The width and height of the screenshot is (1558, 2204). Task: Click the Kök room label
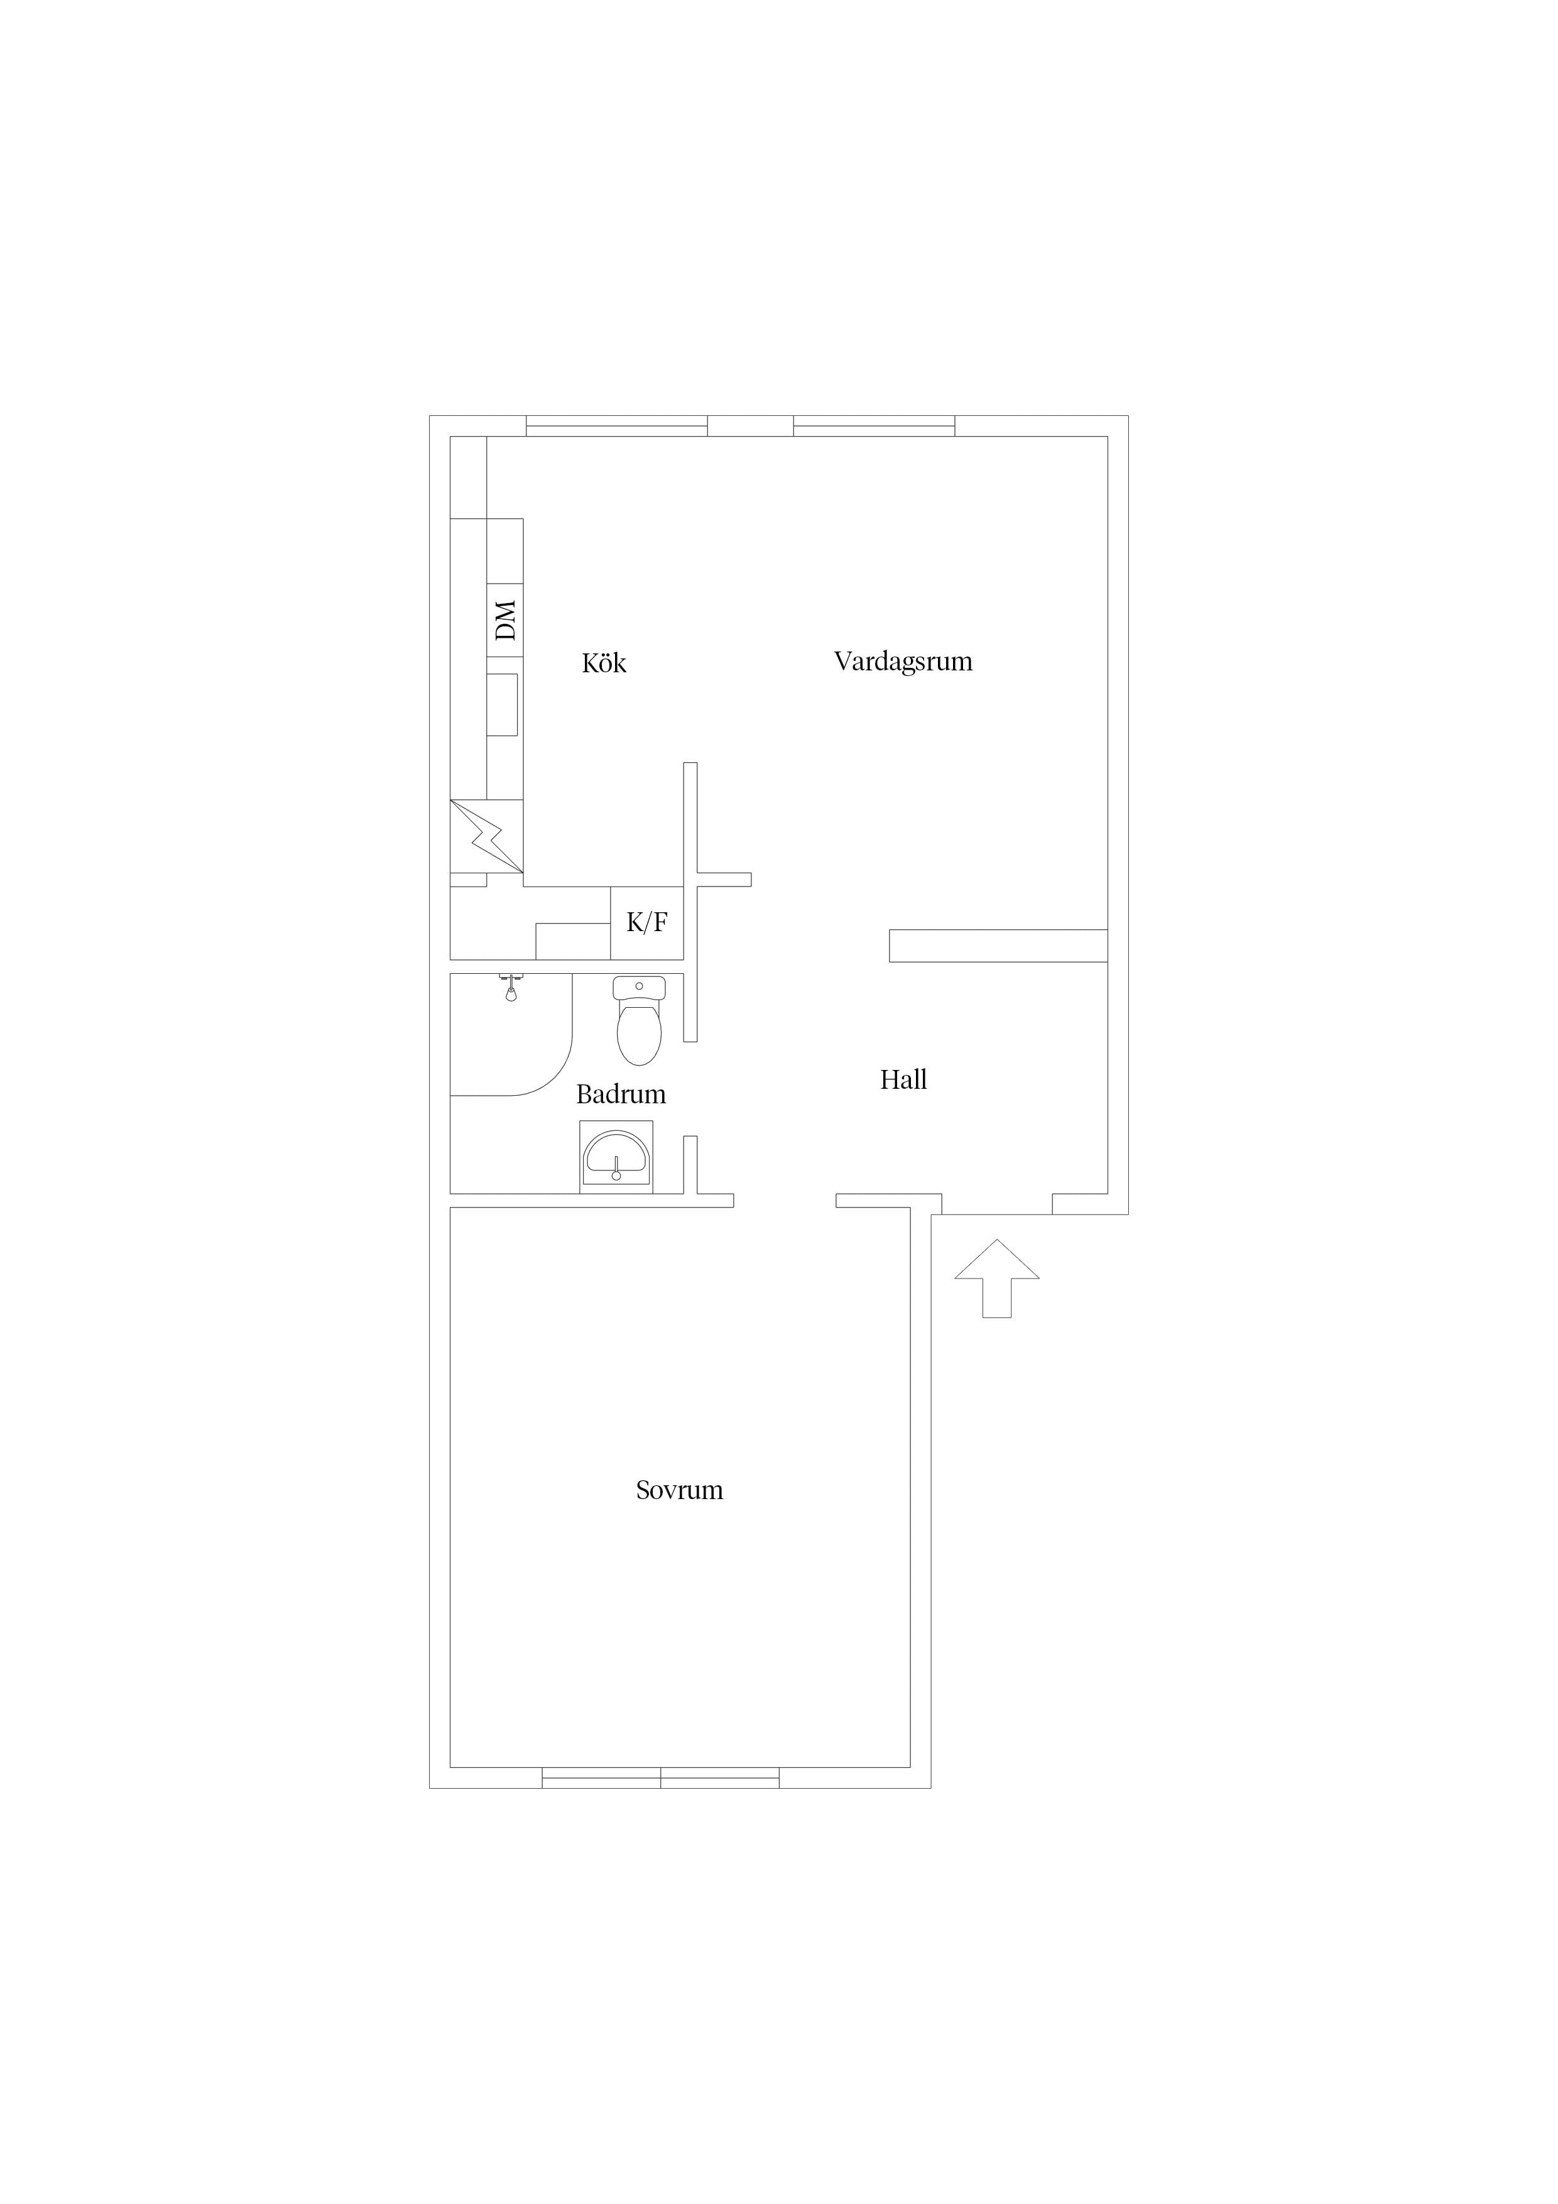(604, 663)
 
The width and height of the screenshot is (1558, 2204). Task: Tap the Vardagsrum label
(903, 662)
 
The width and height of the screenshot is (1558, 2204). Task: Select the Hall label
(903, 1080)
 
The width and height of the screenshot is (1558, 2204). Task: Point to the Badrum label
(621, 1094)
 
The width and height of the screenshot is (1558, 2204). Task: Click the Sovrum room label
(680, 1490)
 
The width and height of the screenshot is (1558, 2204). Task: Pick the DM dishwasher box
(505, 620)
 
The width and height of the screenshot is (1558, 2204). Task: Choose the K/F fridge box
(647, 922)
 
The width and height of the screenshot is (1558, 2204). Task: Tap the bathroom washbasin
(616, 1157)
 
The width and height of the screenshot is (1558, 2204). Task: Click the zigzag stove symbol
(487, 836)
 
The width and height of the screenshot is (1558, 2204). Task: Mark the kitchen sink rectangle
(502, 704)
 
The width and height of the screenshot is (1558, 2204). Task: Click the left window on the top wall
(618, 426)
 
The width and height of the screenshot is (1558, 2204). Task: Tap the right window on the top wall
(874, 426)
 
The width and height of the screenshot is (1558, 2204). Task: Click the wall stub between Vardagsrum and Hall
(998, 946)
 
